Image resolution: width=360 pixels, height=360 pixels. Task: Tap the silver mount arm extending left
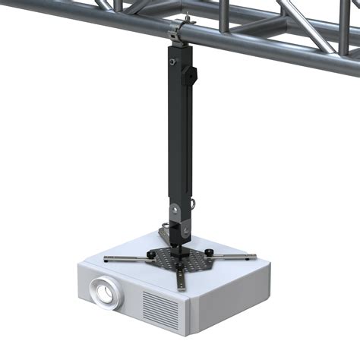coord(129,259)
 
